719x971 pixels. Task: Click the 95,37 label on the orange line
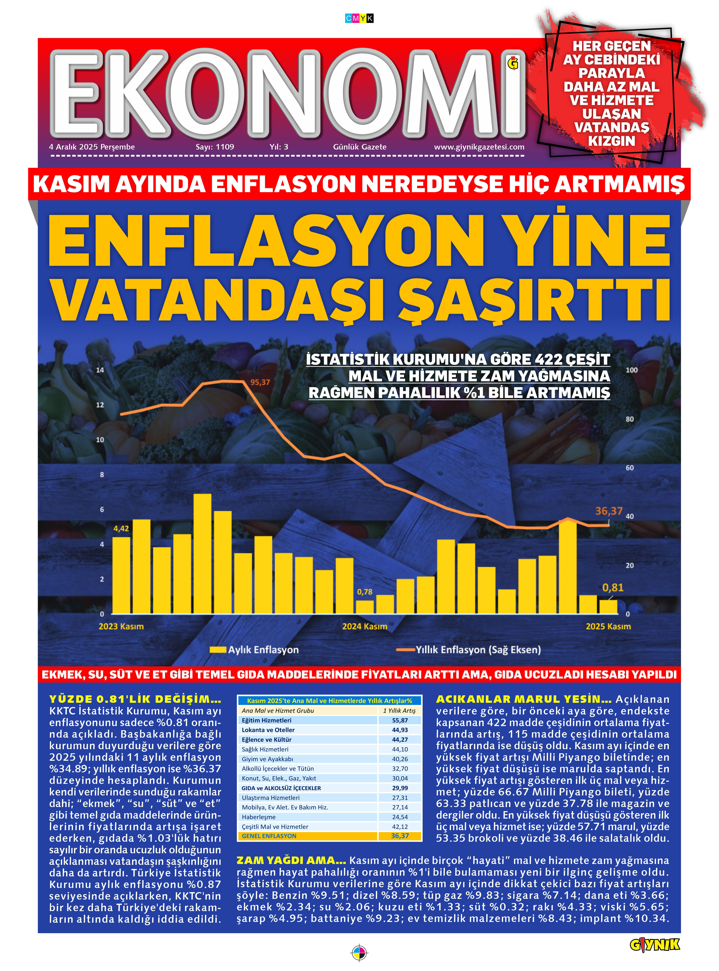260,382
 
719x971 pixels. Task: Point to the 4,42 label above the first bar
121,529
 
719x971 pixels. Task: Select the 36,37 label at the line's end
608,511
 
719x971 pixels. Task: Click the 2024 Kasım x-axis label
364,626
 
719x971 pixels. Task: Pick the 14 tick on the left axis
100,370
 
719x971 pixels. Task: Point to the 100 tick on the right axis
631,370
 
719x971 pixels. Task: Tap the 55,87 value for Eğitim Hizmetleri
400,720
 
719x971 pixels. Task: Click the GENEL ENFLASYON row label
269,836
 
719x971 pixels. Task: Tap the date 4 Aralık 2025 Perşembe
92,147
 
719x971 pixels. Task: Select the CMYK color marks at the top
359,18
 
